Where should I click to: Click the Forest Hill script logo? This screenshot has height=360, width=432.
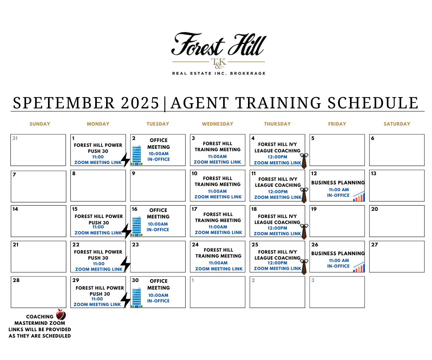pos(219,45)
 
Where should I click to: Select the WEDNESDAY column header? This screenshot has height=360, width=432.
pos(218,124)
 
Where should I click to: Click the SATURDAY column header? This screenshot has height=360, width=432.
pos(397,124)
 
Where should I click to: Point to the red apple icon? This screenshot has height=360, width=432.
pos(61,314)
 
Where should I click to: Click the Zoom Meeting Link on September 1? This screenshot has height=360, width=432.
pos(98,162)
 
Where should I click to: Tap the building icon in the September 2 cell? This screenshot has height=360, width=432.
pos(137,155)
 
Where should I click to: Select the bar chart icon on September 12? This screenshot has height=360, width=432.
pos(359,196)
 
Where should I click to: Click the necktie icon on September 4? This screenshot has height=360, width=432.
pos(304,161)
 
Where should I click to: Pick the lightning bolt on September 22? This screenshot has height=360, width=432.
pos(126,264)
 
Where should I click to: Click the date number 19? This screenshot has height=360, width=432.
pos(314,209)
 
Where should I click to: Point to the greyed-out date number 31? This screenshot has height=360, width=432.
pos(15,138)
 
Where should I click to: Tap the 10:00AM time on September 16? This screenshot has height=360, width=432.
pos(158,224)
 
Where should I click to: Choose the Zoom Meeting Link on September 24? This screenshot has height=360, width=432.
pos(219,269)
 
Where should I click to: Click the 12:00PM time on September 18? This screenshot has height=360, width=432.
pos(278,228)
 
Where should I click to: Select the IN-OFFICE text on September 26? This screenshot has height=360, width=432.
pos(338,266)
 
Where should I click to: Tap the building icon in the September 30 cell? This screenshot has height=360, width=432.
pos(137,298)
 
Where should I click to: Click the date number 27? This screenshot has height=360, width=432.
pos(374,244)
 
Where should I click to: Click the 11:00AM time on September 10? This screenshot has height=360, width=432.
pos(217,191)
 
